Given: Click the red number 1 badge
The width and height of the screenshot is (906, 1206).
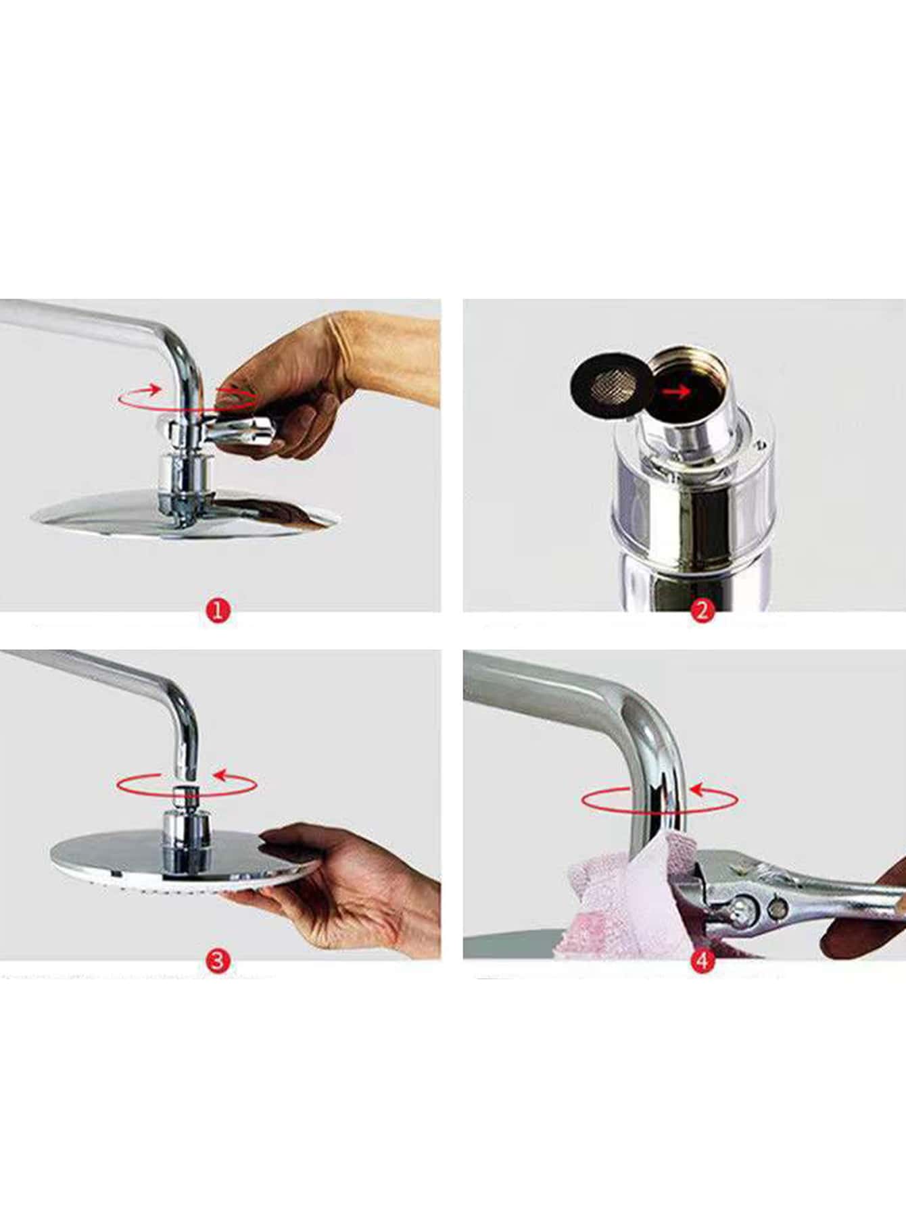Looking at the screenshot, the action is (218, 611).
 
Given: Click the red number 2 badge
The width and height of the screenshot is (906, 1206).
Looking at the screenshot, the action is (702, 611).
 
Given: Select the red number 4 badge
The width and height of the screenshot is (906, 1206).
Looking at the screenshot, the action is (702, 960).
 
